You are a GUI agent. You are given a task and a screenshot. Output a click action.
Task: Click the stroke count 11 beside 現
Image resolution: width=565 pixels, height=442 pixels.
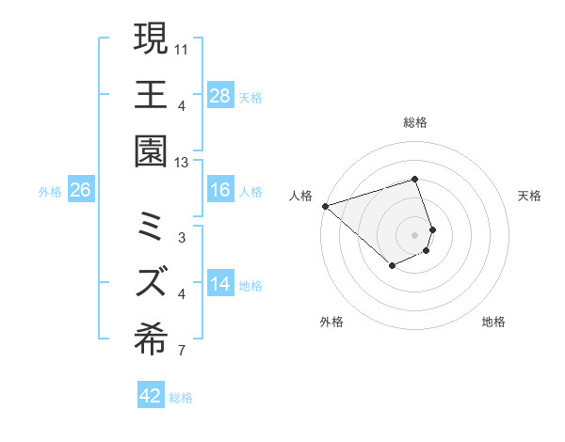point(182,48)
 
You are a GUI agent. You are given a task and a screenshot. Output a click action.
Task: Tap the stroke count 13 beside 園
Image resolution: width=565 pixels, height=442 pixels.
point(182,162)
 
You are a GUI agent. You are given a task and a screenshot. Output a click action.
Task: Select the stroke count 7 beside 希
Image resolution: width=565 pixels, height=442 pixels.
point(182,352)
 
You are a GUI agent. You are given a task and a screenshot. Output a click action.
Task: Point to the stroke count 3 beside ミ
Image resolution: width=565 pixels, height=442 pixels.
point(182,238)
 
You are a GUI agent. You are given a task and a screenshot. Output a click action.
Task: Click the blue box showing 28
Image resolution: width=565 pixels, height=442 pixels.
point(220,96)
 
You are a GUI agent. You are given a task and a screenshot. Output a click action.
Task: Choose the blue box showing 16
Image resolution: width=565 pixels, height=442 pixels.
point(220,190)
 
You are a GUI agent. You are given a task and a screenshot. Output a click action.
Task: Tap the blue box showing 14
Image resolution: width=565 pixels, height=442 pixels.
point(220,284)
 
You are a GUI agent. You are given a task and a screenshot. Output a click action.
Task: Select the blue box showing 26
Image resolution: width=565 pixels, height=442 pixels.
point(81,190)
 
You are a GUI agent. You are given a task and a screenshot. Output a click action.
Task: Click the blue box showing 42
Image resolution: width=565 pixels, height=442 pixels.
point(151,396)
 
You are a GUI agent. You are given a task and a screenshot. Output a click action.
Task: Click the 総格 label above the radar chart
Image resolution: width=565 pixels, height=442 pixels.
point(415,122)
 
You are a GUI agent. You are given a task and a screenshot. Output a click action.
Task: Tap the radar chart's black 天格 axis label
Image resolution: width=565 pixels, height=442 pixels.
point(529,196)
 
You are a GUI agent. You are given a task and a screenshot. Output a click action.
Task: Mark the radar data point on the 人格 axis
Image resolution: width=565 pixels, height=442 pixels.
point(324,205)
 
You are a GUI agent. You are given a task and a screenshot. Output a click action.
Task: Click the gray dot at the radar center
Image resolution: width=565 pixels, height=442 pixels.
point(415,235)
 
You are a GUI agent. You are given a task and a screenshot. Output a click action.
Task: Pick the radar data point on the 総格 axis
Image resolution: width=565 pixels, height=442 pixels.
point(415,179)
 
